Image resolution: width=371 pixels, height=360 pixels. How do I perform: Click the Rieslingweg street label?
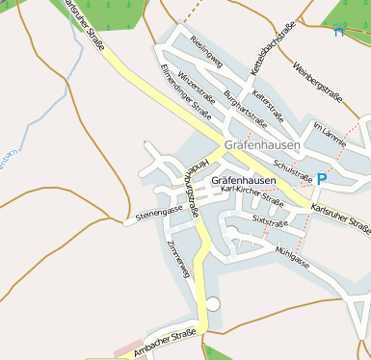coord(208,55)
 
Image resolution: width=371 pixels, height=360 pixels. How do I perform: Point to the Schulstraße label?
coord(293,169)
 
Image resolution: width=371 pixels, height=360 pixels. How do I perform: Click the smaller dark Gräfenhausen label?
coord(243,180)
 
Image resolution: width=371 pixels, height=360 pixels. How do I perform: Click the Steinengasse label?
coord(159,212)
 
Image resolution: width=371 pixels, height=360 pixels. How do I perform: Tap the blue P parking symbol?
coord(321,178)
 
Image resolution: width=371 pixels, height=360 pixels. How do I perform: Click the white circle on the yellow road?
coord(213,304)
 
